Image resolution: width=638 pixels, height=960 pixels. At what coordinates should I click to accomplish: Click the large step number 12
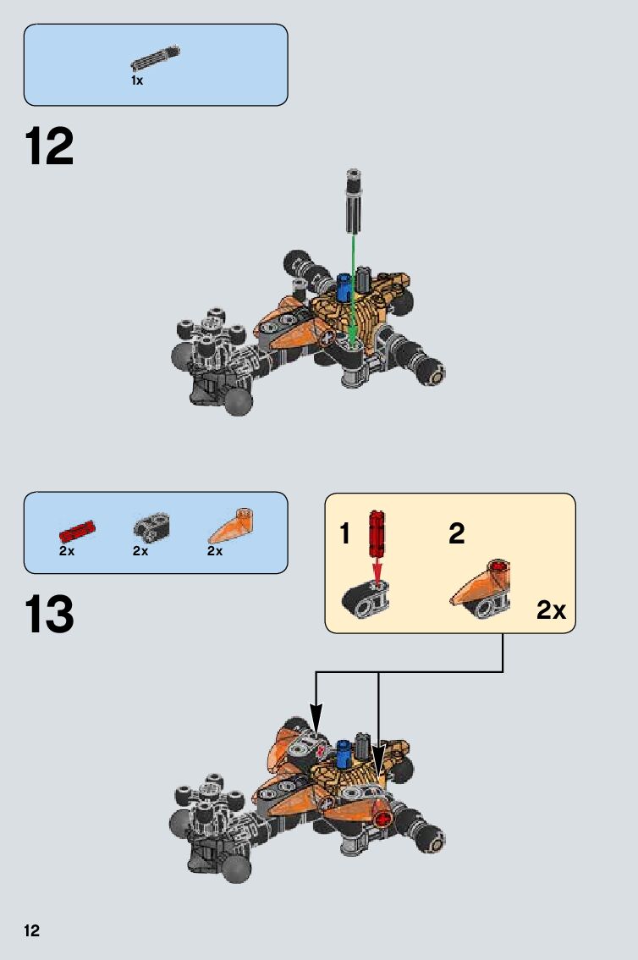click(x=50, y=147)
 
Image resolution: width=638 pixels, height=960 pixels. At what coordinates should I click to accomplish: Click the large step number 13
click(x=50, y=615)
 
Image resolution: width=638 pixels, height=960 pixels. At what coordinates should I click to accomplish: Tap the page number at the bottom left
click(x=31, y=931)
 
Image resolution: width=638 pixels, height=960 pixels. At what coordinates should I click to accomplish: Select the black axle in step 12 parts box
click(x=155, y=59)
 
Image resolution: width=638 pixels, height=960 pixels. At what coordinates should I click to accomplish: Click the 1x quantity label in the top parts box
click(x=137, y=80)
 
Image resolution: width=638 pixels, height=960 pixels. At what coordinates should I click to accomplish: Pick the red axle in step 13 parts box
click(x=76, y=531)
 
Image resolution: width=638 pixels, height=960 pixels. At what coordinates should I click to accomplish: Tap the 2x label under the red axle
click(x=67, y=550)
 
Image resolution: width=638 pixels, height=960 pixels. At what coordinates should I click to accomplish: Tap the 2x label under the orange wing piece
click(x=215, y=550)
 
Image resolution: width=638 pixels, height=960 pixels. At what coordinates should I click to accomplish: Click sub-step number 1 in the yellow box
click(x=344, y=534)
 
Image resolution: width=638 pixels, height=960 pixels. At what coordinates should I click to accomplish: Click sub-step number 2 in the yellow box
click(x=457, y=534)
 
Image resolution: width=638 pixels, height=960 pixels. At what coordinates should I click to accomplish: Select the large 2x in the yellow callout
click(x=551, y=610)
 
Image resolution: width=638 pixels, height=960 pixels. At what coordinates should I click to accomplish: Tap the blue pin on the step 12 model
click(x=344, y=287)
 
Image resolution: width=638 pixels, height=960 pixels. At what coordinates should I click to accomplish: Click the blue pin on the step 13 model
click(x=344, y=752)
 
